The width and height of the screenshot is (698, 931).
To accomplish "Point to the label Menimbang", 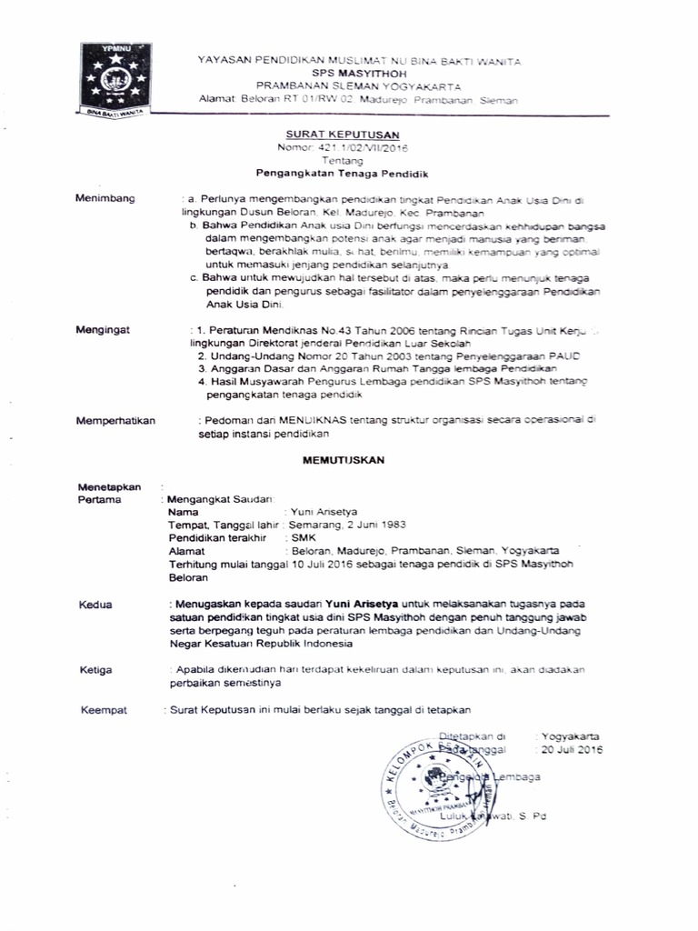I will pyautogui.click(x=105, y=197).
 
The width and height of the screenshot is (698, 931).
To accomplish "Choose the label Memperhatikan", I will pyautogui.click(x=116, y=420).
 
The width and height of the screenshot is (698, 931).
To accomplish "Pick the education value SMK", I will pyautogui.click(x=301, y=538).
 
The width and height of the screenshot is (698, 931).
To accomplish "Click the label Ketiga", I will pyautogui.click(x=96, y=670).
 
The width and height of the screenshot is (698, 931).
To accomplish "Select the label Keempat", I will pyautogui.click(x=103, y=708).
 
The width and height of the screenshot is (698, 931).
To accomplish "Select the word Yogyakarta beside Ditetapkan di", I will pyautogui.click(x=571, y=736).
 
